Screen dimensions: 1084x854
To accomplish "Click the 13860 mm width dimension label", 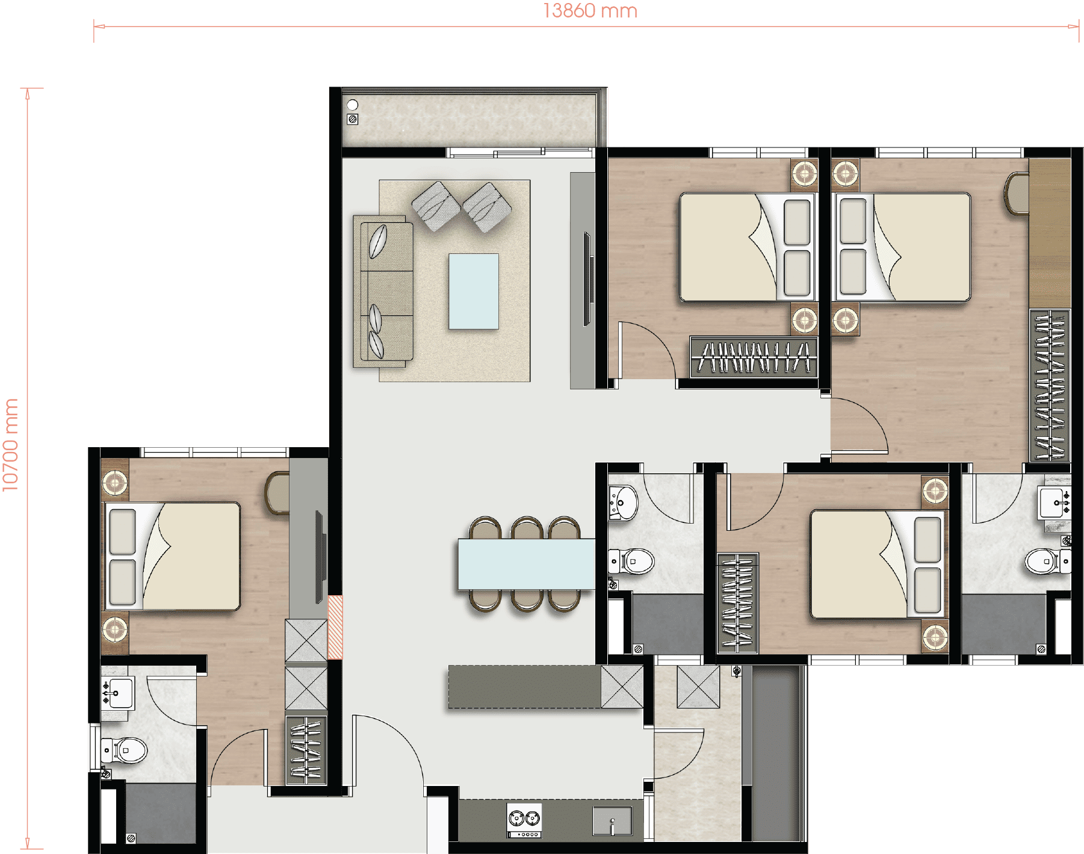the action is point(590,11).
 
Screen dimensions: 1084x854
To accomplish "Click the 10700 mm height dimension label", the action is point(10,445).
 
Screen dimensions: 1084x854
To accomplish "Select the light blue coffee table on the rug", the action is point(474,291).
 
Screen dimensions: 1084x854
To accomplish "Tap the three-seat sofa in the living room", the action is point(383,291).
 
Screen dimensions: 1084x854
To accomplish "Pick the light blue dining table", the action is point(527,564).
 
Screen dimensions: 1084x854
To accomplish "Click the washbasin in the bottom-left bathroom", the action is point(118,693).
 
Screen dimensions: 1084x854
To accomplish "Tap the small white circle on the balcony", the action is point(353,105).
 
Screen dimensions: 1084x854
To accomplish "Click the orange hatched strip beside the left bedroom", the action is point(335,627).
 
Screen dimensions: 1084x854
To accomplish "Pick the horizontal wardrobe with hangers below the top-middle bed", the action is point(754,357).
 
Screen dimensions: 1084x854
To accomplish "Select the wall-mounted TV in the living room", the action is point(588,279).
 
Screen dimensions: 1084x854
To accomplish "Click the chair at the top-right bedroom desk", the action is point(1017,193).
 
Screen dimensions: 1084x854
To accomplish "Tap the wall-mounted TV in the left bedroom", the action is point(321,557).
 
